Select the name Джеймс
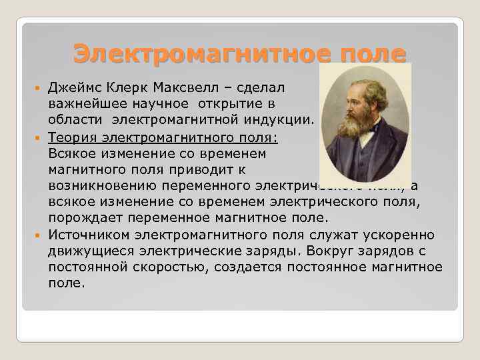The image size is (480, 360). (x=73, y=87)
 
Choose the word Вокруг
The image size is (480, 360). (x=331, y=251)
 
